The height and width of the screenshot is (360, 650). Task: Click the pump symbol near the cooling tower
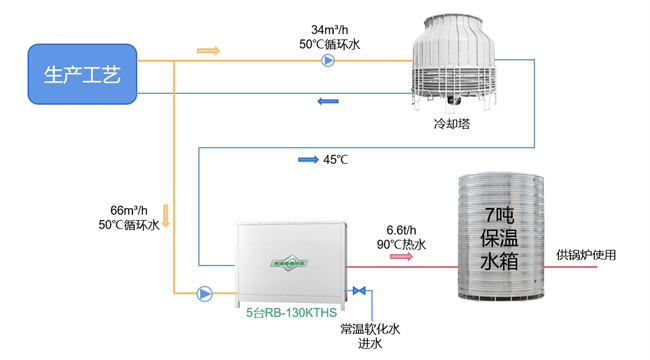point(328,61)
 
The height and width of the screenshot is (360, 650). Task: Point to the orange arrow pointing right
point(208,50)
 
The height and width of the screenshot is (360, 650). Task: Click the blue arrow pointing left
point(327,100)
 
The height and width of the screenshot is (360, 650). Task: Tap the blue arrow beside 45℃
point(307,159)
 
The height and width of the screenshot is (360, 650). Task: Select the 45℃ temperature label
point(335,159)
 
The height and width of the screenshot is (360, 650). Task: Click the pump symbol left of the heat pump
point(204,293)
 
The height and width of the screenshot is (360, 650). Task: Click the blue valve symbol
point(358,292)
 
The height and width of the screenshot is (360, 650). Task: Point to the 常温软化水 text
point(369,328)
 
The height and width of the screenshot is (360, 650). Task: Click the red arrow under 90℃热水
point(401,257)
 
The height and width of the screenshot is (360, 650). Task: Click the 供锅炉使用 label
point(586,255)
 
